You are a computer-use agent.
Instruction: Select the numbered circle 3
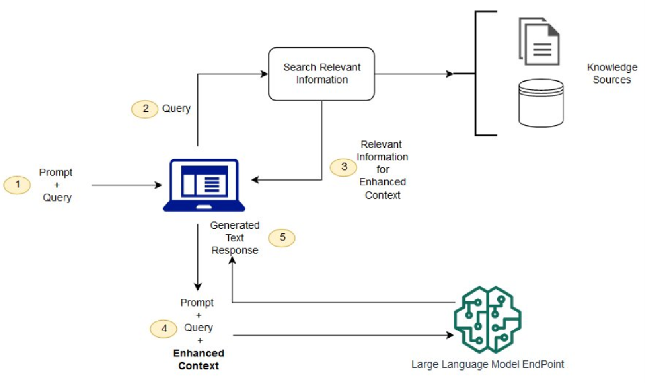click(343, 166)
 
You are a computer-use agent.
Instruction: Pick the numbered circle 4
click(164, 328)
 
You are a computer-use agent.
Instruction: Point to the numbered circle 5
click(282, 238)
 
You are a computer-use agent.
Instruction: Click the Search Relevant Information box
click(322, 74)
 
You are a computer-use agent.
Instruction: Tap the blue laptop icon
click(204, 185)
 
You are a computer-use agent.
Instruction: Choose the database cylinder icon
click(541, 103)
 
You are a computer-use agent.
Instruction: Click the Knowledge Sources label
click(612, 74)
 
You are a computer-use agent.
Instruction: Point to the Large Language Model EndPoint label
click(488, 364)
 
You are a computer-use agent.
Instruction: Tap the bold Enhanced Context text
click(199, 359)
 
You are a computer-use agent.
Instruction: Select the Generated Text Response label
click(235, 238)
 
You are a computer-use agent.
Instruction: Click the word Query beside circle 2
click(176, 109)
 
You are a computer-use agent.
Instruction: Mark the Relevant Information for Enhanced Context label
click(382, 169)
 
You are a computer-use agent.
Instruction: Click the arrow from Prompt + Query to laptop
click(126, 185)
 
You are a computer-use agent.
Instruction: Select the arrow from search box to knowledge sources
click(414, 74)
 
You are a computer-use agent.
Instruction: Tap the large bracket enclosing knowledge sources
click(476, 74)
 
